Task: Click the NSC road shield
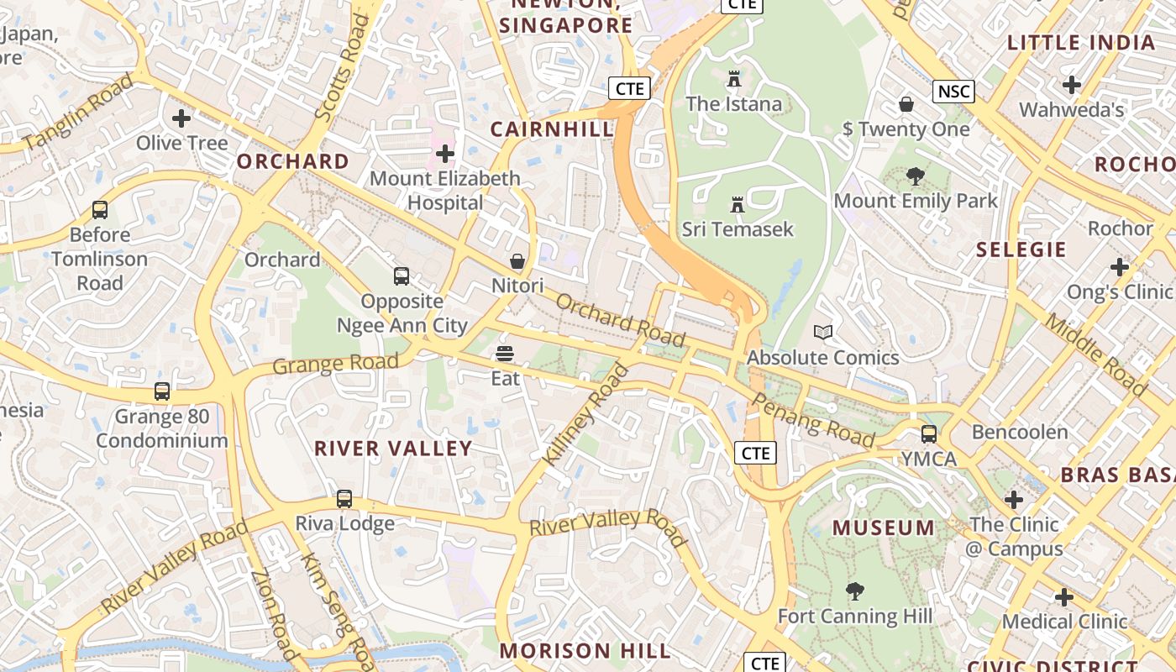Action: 953,92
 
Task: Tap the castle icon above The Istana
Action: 734,80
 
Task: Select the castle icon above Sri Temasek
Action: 738,205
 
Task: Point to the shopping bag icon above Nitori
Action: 517,261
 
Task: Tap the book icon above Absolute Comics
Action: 823,333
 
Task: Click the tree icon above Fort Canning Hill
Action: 854,591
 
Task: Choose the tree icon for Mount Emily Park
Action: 915,176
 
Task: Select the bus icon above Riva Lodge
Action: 344,499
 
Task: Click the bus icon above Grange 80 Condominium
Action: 162,391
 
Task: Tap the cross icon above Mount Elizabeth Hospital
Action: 445,154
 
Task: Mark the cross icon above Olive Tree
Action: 181,118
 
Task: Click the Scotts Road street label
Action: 341,67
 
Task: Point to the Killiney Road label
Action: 585,415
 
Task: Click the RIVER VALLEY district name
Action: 393,449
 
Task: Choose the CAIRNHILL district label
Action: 552,129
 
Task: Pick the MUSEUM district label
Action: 883,528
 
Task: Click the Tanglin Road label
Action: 77,113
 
